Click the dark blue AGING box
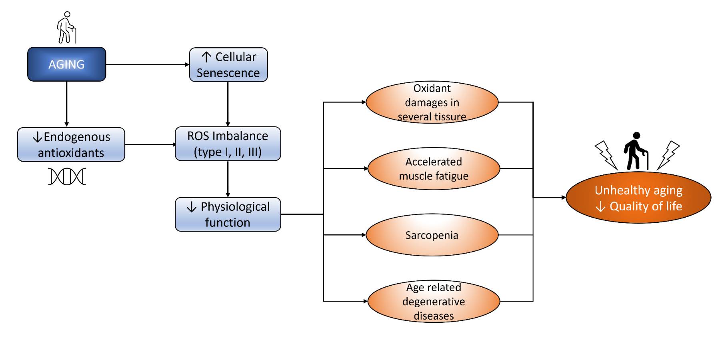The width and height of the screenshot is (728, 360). point(66,64)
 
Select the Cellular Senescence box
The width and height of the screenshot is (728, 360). point(228,65)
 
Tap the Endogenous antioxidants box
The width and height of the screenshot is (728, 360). point(71,144)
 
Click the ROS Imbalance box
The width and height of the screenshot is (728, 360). point(228,144)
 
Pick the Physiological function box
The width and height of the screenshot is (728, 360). point(228,214)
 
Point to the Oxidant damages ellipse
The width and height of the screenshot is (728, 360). point(432,102)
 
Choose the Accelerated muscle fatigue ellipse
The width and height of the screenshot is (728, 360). point(434,168)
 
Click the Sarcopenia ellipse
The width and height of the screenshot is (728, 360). point(432,235)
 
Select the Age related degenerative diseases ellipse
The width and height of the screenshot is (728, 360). point(434,301)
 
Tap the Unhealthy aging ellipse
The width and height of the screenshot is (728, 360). point(638,198)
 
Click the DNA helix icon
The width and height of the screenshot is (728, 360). point(67,176)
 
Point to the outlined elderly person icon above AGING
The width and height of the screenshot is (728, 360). point(66,27)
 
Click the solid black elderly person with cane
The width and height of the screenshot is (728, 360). point(635,151)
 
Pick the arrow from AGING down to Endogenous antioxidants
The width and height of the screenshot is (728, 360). point(66,104)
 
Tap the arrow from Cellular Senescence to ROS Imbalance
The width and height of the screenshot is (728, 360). point(228,104)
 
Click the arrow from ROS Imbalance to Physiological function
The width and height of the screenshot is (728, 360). point(228,179)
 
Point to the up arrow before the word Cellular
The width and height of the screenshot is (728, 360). point(206,57)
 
